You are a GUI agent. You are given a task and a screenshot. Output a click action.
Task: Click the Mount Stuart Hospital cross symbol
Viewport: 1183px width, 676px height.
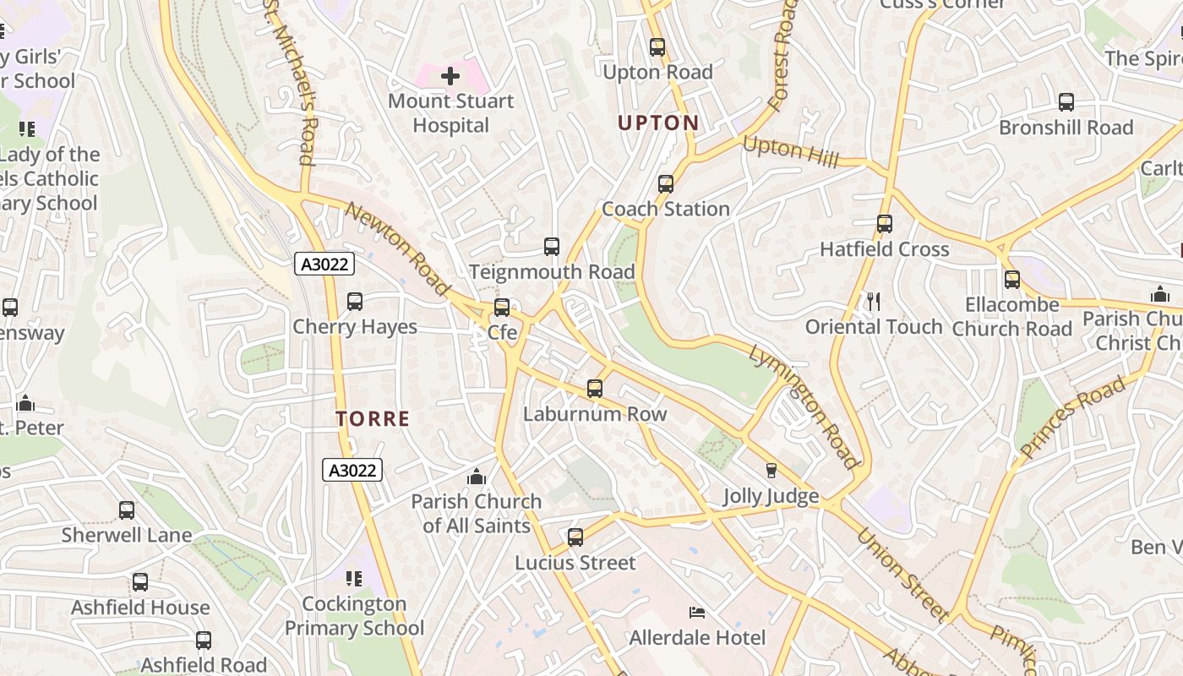point(450,76)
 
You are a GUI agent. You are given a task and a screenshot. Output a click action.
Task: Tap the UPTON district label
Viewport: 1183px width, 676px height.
point(658,123)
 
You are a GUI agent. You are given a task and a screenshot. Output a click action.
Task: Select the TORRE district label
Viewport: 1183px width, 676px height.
point(373,418)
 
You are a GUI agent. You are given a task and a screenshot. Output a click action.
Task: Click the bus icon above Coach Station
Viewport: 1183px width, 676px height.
point(666,184)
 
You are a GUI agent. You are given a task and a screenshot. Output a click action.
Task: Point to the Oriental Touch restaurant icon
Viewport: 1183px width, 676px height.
point(874,301)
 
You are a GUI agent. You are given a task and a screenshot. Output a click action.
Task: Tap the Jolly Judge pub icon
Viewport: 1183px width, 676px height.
point(771,471)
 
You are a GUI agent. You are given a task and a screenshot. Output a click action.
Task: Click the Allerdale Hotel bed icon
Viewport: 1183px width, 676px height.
point(697,612)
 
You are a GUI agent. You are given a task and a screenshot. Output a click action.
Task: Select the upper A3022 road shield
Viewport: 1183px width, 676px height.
point(324,264)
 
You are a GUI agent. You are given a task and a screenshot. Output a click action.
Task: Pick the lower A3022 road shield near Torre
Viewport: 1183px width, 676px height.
point(352,470)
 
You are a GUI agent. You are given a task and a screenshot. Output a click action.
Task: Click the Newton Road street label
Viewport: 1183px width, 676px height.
point(397,249)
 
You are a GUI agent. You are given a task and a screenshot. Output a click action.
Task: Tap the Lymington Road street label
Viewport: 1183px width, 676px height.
point(802,406)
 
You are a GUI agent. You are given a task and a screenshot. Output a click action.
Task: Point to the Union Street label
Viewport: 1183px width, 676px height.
point(902,575)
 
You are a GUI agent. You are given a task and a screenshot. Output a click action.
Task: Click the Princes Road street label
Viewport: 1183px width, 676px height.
point(1073,418)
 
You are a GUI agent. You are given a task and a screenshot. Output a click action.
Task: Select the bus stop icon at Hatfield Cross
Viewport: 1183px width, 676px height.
point(885,224)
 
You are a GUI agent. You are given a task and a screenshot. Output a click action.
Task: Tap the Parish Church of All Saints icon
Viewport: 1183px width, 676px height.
point(477,477)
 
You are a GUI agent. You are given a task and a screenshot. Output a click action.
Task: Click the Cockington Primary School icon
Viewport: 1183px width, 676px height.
point(354,579)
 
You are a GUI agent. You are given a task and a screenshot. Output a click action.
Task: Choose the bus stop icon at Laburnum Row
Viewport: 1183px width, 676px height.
point(595,389)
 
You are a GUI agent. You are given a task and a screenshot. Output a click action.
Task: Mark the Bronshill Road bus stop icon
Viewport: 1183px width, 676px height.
point(1066,102)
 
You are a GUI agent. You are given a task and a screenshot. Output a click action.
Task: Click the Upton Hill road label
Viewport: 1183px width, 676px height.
point(790,152)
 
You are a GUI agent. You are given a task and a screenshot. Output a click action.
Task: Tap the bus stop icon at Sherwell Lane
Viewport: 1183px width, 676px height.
point(127,510)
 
